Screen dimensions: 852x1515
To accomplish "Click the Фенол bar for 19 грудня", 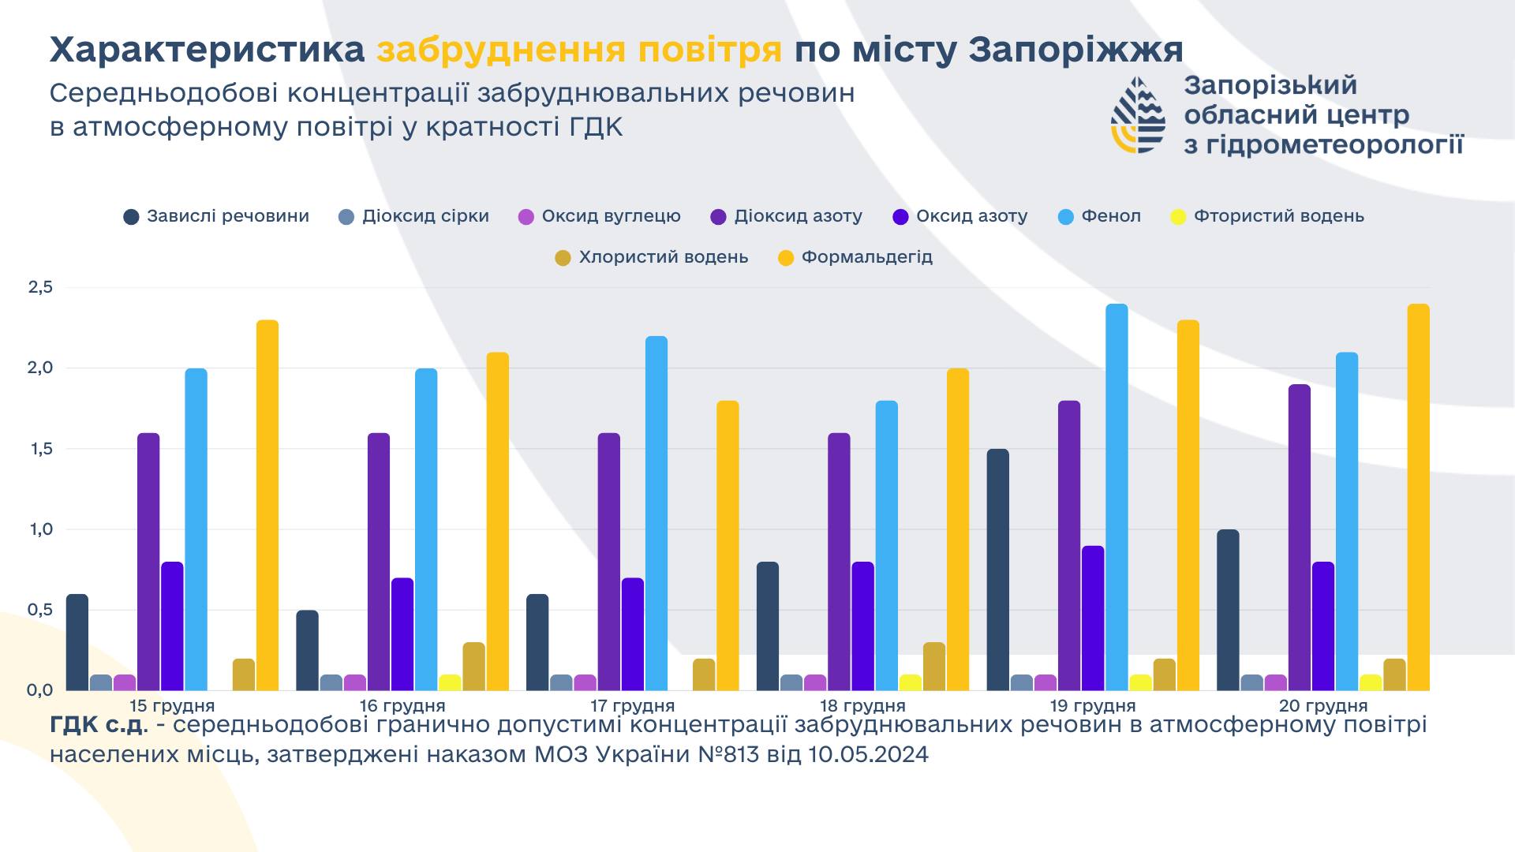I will coord(1117,497).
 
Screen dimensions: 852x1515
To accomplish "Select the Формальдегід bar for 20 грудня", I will coord(1418,497).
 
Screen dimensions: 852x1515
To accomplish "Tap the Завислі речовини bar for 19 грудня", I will coord(997,570).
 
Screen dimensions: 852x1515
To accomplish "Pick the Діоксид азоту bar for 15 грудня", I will coord(148,562).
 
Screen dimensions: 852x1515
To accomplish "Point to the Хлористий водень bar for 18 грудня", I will coord(934,667).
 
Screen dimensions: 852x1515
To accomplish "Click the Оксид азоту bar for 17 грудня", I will coord(633,634).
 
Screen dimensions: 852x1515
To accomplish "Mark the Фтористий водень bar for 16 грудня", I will coord(450,682).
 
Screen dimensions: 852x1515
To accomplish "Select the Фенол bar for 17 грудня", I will coord(656,513).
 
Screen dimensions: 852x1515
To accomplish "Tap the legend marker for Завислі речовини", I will coord(132,217).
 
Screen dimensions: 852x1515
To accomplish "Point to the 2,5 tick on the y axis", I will coord(40,288).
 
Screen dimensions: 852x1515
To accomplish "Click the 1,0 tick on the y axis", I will coord(40,529).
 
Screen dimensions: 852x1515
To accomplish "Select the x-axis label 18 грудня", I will coord(862,705).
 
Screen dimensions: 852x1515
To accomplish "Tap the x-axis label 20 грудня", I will coord(1323,705).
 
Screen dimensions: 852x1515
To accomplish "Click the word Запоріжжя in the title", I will coord(1075,50).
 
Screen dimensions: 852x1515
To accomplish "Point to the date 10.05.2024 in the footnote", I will coord(869,755).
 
